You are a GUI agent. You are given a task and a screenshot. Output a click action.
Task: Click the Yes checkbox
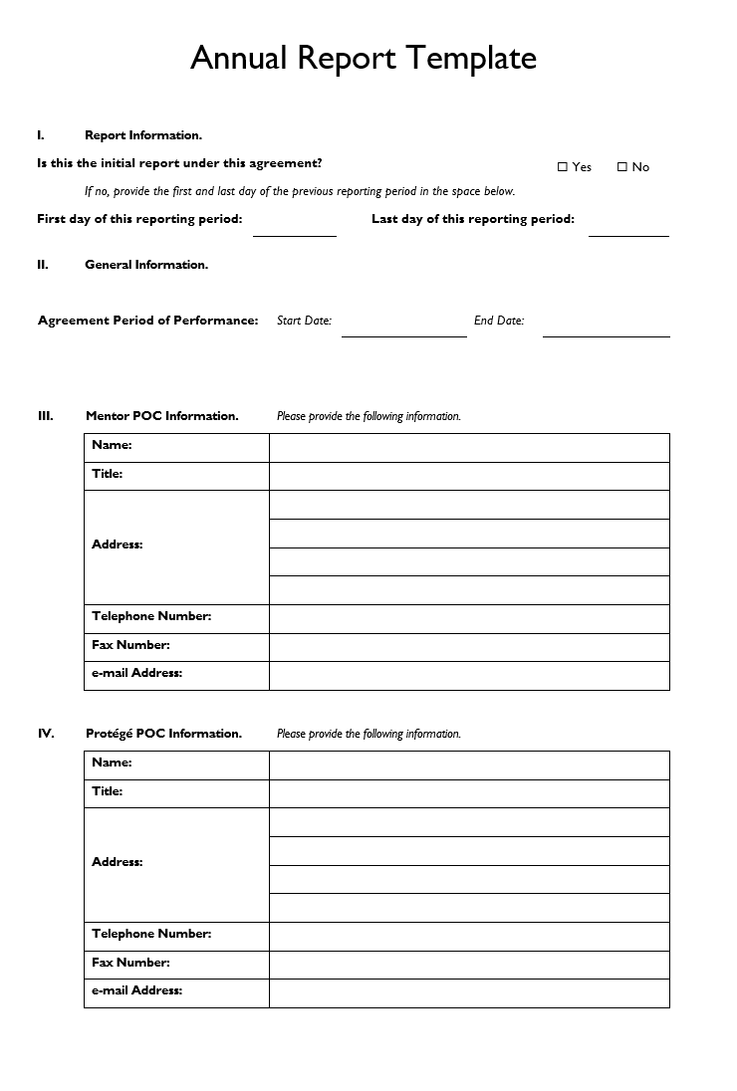click(x=563, y=167)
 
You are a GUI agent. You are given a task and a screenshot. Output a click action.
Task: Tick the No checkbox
click(x=622, y=167)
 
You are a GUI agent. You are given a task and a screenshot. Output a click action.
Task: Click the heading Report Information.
click(x=143, y=135)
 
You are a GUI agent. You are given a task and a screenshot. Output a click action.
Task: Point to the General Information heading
click(x=146, y=265)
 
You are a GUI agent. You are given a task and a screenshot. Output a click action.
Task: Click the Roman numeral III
click(x=46, y=416)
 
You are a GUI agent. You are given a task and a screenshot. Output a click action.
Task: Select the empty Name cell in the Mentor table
click(x=469, y=448)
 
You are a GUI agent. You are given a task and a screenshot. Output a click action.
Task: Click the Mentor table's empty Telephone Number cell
click(x=469, y=619)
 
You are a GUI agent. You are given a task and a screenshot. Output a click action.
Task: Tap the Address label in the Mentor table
click(x=118, y=545)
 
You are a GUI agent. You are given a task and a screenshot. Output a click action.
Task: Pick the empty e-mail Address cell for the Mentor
click(x=469, y=676)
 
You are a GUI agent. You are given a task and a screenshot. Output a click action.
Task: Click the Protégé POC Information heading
click(x=163, y=734)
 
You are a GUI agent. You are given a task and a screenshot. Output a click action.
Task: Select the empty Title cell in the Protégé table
click(x=469, y=793)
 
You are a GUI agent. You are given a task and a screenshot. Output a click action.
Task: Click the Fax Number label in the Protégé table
click(x=130, y=963)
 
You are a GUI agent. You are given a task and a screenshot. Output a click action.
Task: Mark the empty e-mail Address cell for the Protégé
click(x=469, y=993)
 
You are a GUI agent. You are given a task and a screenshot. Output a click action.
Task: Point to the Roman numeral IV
click(x=46, y=734)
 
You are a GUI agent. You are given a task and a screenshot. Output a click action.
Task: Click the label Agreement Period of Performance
click(x=147, y=321)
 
